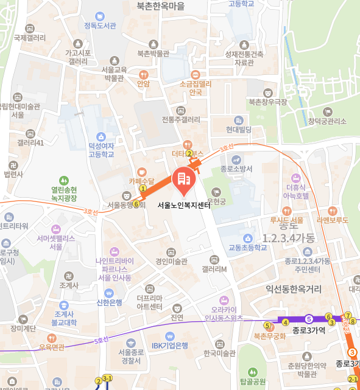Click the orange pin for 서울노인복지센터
(183, 178)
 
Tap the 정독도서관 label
(100, 26)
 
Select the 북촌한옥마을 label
(160, 6)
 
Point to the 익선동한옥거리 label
(297, 290)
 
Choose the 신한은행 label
(109, 302)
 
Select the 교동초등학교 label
(247, 248)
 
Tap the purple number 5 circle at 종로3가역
(309, 318)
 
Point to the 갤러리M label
(214, 269)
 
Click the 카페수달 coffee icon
(142, 172)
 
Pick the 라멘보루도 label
(332, 220)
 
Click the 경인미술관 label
(171, 262)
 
